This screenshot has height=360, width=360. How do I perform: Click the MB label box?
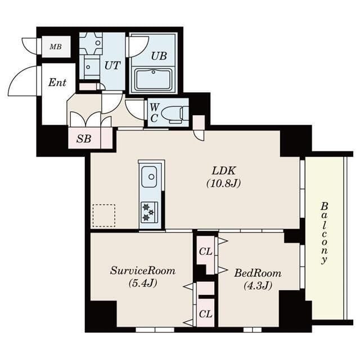coord(56,47)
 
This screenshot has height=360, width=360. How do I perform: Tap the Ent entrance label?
coord(57,83)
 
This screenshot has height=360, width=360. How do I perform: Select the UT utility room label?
coord(112,65)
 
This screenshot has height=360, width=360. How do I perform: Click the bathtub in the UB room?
coord(153,79)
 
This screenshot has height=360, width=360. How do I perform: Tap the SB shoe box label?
coord(84,138)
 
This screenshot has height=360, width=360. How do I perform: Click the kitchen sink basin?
coord(150,177)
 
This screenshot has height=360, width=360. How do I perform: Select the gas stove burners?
coord(149,212)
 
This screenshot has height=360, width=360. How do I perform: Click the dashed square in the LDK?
coord(103,215)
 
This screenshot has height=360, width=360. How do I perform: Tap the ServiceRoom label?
coord(142,271)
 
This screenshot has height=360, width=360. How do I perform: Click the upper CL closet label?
coord(205,251)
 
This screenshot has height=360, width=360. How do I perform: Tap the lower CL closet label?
coord(205,313)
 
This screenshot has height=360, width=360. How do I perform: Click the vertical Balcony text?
coord(324,233)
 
